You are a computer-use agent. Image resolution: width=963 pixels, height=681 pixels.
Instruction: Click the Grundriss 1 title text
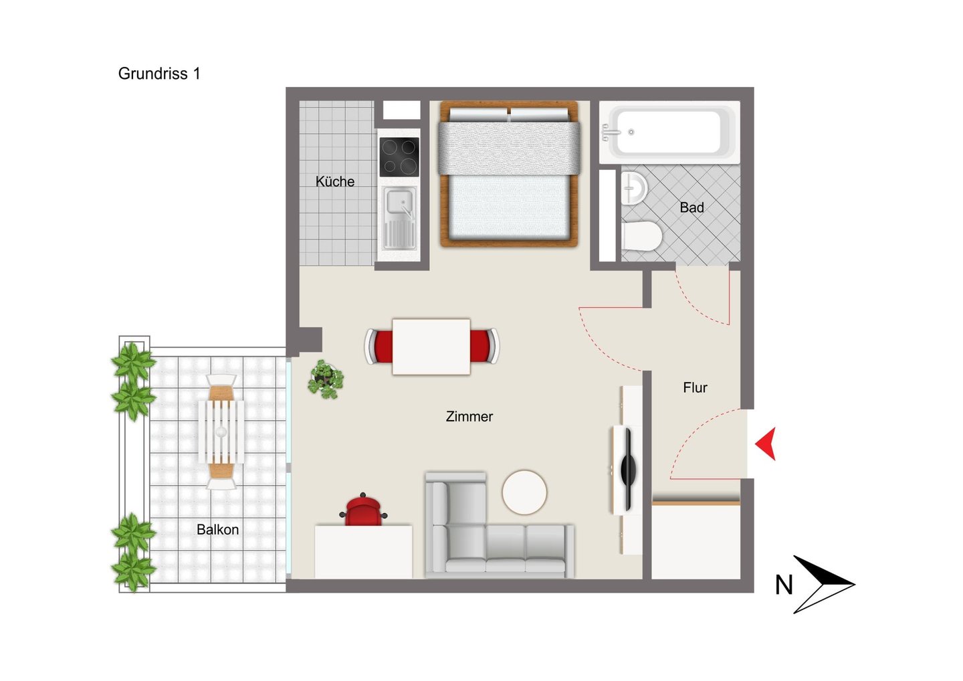[x=159, y=74]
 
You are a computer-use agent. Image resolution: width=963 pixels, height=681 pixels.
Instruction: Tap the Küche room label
[x=335, y=181]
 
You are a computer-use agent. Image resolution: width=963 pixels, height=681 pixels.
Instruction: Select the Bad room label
[x=691, y=207]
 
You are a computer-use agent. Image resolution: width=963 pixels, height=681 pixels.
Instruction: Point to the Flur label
[x=695, y=388]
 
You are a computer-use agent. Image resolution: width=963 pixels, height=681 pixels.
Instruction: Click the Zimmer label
[x=469, y=417]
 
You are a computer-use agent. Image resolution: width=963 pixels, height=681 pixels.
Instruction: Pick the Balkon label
[x=217, y=530]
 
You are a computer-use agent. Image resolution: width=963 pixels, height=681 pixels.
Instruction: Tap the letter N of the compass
[x=784, y=585]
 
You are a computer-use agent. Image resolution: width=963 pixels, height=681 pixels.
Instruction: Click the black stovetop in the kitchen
[x=399, y=157]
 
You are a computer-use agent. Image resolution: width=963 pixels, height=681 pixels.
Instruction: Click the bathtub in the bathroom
[x=669, y=132]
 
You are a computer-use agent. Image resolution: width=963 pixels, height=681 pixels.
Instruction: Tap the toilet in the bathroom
[x=641, y=235]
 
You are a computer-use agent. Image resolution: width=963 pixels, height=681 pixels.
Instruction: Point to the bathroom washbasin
[x=634, y=188]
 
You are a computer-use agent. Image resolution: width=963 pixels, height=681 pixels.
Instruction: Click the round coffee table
[x=524, y=492]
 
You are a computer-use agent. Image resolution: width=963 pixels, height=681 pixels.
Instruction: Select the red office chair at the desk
[x=363, y=510]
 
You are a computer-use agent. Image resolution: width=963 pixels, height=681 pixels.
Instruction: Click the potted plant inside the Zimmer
[x=326, y=379]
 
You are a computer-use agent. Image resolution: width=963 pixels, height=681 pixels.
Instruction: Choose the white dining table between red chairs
[x=431, y=347]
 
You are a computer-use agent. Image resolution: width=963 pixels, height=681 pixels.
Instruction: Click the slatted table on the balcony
[x=221, y=431]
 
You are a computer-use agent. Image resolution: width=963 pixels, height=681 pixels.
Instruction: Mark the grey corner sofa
[x=500, y=524]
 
